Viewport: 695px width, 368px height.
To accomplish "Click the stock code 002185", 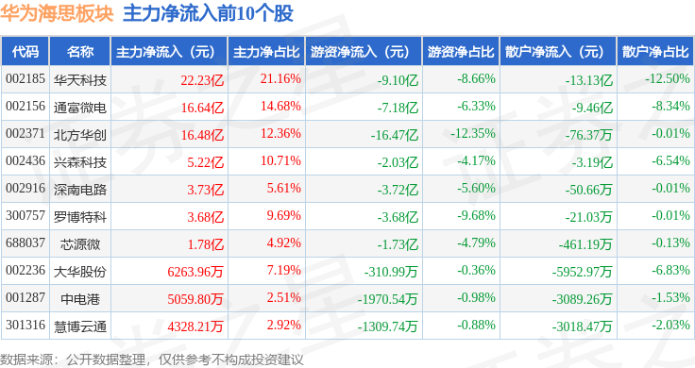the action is pos(25,79).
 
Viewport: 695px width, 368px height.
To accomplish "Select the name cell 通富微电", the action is pos(79,108).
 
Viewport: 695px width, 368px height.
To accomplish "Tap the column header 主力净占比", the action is pos(266,52).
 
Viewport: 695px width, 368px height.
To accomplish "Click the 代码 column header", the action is pos(25,52).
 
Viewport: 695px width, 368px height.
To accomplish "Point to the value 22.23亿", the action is pos(202,80).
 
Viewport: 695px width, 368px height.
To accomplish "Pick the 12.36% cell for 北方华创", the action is pos(280,133).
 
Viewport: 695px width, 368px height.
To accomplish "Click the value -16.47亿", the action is pos(395,135).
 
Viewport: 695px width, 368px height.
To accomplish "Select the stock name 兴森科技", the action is pos(79,162).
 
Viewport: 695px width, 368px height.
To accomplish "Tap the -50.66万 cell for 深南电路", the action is pos(588,190).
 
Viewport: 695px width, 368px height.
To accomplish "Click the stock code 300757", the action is pos(25,216).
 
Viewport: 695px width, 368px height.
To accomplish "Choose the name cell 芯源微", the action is pos(79,244).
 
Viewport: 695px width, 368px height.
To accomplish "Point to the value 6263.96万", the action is pos(195,272).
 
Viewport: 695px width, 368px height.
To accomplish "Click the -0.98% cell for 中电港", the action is pos(476,297).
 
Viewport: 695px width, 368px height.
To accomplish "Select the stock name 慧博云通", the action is pos(79,326).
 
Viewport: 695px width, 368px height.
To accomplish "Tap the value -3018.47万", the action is pos(582,326).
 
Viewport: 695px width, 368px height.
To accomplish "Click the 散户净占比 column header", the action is pos(655,52).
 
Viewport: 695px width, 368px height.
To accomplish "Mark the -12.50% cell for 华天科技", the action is pos(668,79).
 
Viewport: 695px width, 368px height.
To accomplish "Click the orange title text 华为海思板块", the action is pos(58,13).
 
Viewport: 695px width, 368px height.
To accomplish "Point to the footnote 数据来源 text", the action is pos(26,360).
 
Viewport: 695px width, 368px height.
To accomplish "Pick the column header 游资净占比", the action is pos(461,52).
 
